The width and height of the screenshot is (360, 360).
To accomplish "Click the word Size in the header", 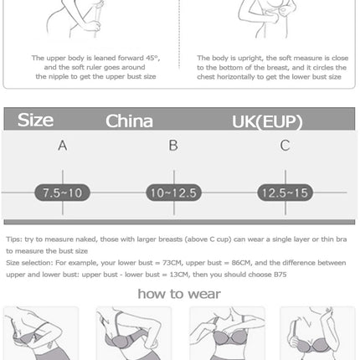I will tap(35, 121).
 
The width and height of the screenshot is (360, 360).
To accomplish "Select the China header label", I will tap(129, 121).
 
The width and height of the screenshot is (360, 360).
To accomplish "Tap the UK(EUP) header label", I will tap(266, 121).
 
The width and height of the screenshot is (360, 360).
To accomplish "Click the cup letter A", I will tap(62, 146).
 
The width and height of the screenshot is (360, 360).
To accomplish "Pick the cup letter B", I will tap(173, 146).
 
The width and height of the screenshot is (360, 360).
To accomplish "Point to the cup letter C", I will tap(285, 146).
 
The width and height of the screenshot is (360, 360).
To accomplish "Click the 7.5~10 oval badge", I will tap(62, 193).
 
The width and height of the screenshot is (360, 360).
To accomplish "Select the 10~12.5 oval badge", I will tap(173, 193).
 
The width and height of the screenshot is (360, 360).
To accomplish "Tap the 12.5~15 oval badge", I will tap(285, 193).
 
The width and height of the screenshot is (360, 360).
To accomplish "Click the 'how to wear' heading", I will tap(179, 293).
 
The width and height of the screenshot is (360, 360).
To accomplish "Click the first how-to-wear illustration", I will tap(41, 333).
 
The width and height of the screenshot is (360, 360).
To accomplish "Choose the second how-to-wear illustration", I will tap(133, 333).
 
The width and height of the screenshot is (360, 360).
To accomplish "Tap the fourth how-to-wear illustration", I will tap(317, 333).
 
